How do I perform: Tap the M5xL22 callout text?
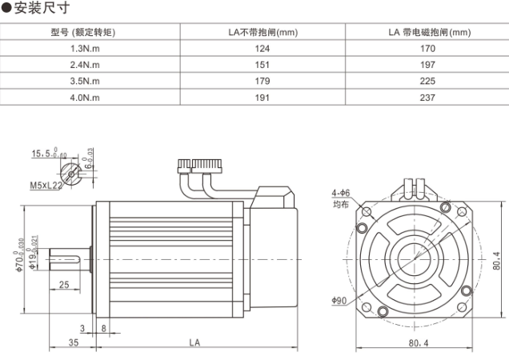point(46,185)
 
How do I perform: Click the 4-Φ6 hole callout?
point(341,194)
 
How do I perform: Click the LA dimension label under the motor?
point(194,342)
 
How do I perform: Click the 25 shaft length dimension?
point(63,286)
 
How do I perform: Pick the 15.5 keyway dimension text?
point(42,153)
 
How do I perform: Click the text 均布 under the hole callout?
point(341,205)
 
